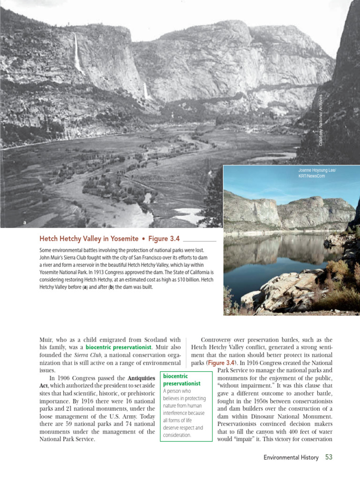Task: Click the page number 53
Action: (x=328, y=457)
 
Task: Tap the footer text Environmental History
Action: (x=291, y=457)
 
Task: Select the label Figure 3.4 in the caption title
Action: (x=164, y=239)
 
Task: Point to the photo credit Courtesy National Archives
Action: (x=321, y=120)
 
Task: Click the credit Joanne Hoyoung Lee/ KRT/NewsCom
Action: (x=317, y=173)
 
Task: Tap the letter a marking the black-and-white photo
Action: (x=25, y=223)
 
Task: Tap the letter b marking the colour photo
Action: (x=228, y=311)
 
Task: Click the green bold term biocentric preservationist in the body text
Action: (x=125, y=348)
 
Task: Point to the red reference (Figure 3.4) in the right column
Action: (x=223, y=363)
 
